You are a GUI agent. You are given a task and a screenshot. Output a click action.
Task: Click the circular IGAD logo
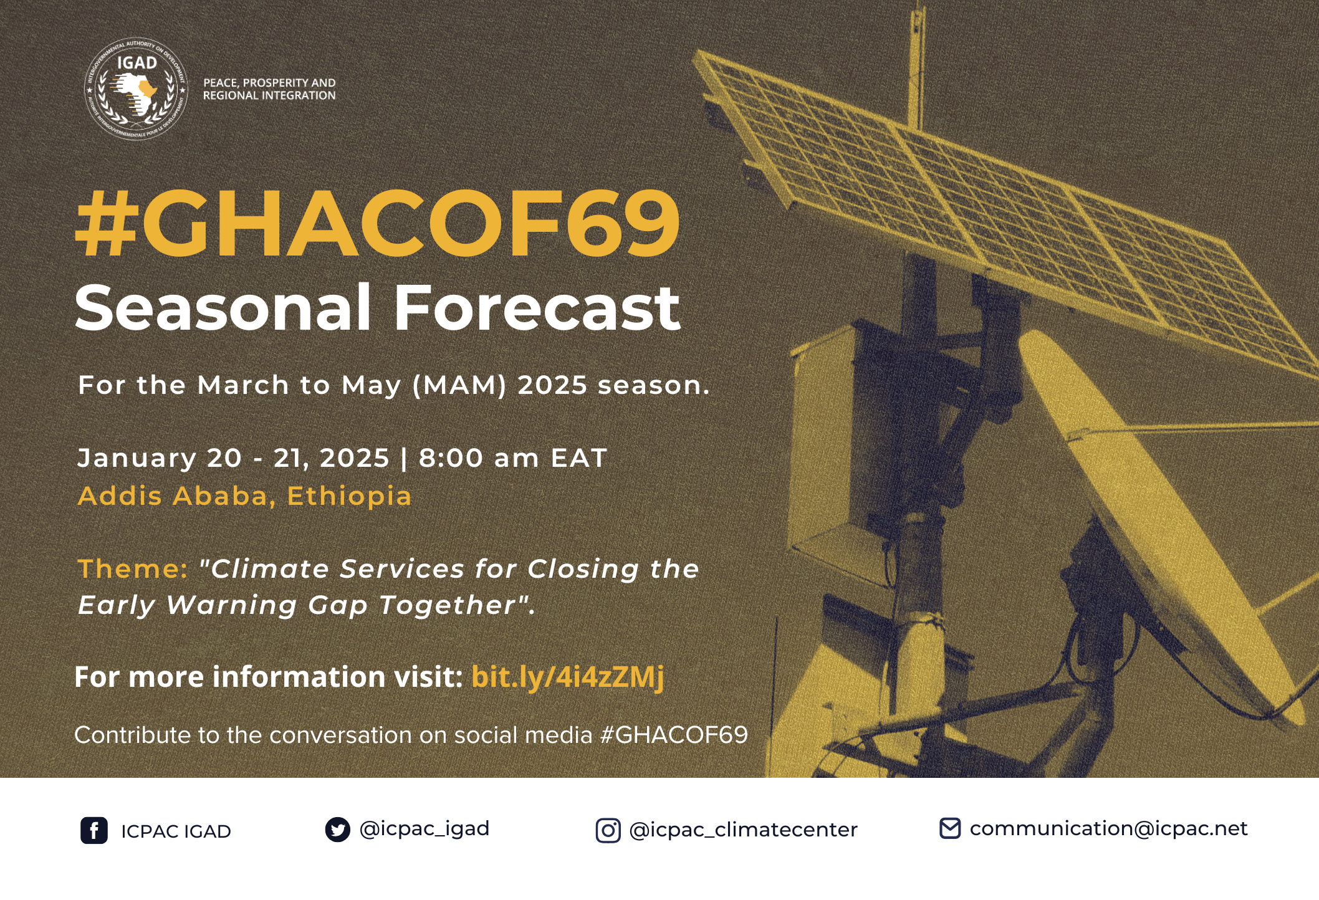click(136, 89)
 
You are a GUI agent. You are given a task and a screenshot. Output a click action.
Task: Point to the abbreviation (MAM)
click(459, 385)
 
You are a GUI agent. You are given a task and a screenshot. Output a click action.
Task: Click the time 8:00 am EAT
click(512, 458)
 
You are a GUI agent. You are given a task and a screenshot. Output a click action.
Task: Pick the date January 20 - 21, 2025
click(233, 458)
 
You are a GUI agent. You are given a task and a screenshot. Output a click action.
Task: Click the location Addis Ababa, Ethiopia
click(244, 496)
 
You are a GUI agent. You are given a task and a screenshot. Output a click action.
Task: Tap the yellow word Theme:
click(132, 569)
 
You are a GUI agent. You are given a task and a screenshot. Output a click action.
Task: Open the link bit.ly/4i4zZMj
click(567, 677)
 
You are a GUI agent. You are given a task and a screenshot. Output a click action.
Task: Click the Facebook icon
click(94, 831)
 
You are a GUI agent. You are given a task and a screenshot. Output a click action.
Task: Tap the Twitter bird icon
click(337, 830)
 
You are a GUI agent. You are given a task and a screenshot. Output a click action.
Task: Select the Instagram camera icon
click(608, 831)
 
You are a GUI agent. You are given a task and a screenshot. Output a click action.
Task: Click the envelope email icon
click(949, 829)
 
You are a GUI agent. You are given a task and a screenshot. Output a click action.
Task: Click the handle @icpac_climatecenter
click(743, 830)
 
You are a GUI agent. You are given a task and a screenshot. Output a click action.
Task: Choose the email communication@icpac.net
click(1108, 829)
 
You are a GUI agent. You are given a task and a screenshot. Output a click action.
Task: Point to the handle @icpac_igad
click(424, 829)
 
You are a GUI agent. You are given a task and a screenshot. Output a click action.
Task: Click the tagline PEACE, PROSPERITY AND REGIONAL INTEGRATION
click(269, 89)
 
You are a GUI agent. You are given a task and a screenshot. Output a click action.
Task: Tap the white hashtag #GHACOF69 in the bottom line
click(674, 735)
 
